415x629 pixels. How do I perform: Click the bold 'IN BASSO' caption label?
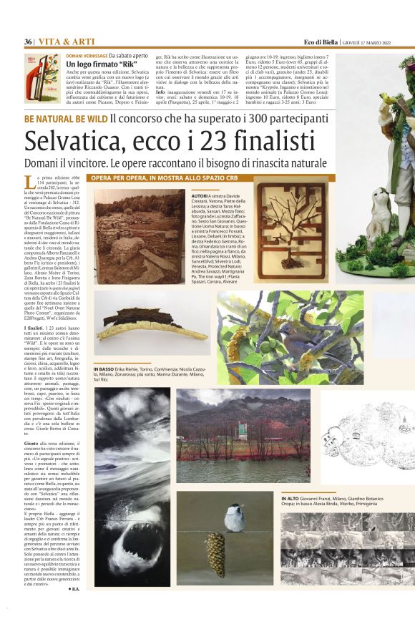point(104,369)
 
